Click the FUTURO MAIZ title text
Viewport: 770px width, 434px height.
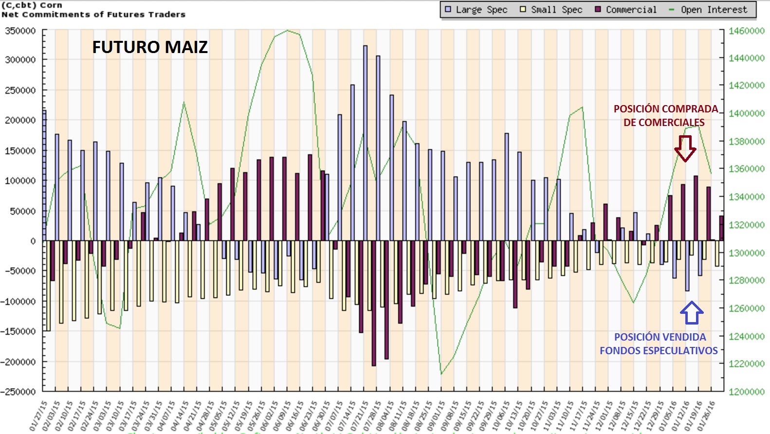click(150, 47)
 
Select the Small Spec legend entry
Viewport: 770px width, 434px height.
click(551, 10)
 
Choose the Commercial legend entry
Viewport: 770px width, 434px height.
click(626, 10)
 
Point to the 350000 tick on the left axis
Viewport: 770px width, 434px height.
click(20, 31)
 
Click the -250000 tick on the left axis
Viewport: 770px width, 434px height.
click(18, 392)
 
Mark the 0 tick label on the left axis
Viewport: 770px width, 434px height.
click(33, 241)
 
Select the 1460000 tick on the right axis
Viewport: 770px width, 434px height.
click(746, 31)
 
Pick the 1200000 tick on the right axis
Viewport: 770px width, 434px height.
click(746, 392)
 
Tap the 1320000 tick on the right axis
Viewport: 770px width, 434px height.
click(746, 225)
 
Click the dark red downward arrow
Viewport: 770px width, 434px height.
click(685, 148)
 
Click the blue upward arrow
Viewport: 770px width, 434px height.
click(691, 313)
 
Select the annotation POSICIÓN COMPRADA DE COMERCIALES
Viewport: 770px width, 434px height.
click(665, 116)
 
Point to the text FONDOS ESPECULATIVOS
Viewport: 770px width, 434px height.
click(659, 351)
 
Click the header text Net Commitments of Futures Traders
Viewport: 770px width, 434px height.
click(93, 15)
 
